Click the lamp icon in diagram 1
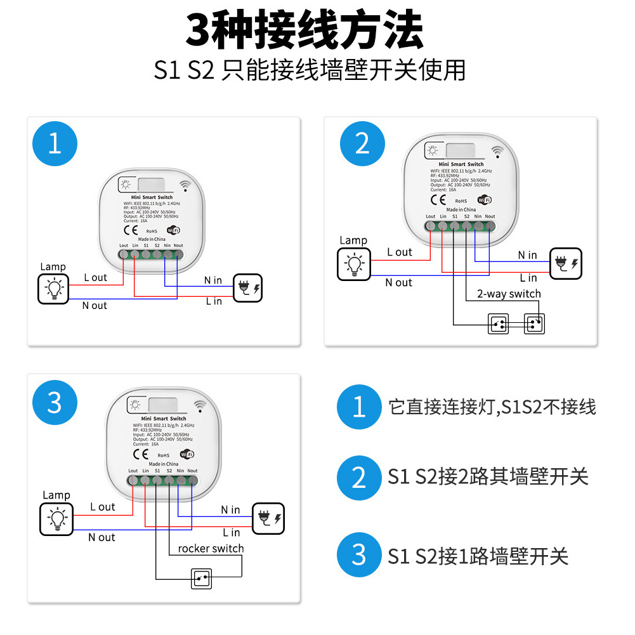pyautogui.click(x=54, y=289)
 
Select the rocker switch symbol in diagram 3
pyautogui.click(x=202, y=579)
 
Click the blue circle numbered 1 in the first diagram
pyautogui.click(x=55, y=144)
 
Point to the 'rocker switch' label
pyautogui.click(x=211, y=548)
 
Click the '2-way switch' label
pyautogui.click(x=509, y=294)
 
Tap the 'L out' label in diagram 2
pyautogui.click(x=400, y=252)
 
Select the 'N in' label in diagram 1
pyautogui.click(x=213, y=280)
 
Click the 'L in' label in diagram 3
pyautogui.click(x=232, y=532)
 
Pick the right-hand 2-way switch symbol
pyautogui.click(x=535, y=324)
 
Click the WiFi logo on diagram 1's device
pyautogui.click(x=173, y=230)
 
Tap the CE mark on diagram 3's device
pyautogui.click(x=141, y=454)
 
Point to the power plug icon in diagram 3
pyautogui.click(x=268, y=518)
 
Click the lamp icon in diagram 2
pyautogui.click(x=353, y=263)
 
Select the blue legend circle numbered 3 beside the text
pyautogui.click(x=359, y=555)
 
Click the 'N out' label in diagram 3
pyautogui.click(x=101, y=537)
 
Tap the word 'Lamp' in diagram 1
pyautogui.click(x=53, y=267)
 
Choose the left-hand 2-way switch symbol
pyautogui.click(x=499, y=324)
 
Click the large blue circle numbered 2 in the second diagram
pyautogui.click(x=362, y=144)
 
